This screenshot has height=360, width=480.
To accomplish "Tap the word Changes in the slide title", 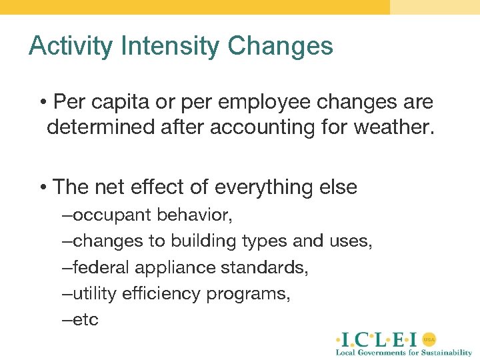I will (280, 47).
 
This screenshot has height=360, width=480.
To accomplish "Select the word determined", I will (100, 127).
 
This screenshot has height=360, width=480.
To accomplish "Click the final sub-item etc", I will (85, 319).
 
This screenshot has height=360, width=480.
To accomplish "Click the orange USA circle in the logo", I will (430, 338).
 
